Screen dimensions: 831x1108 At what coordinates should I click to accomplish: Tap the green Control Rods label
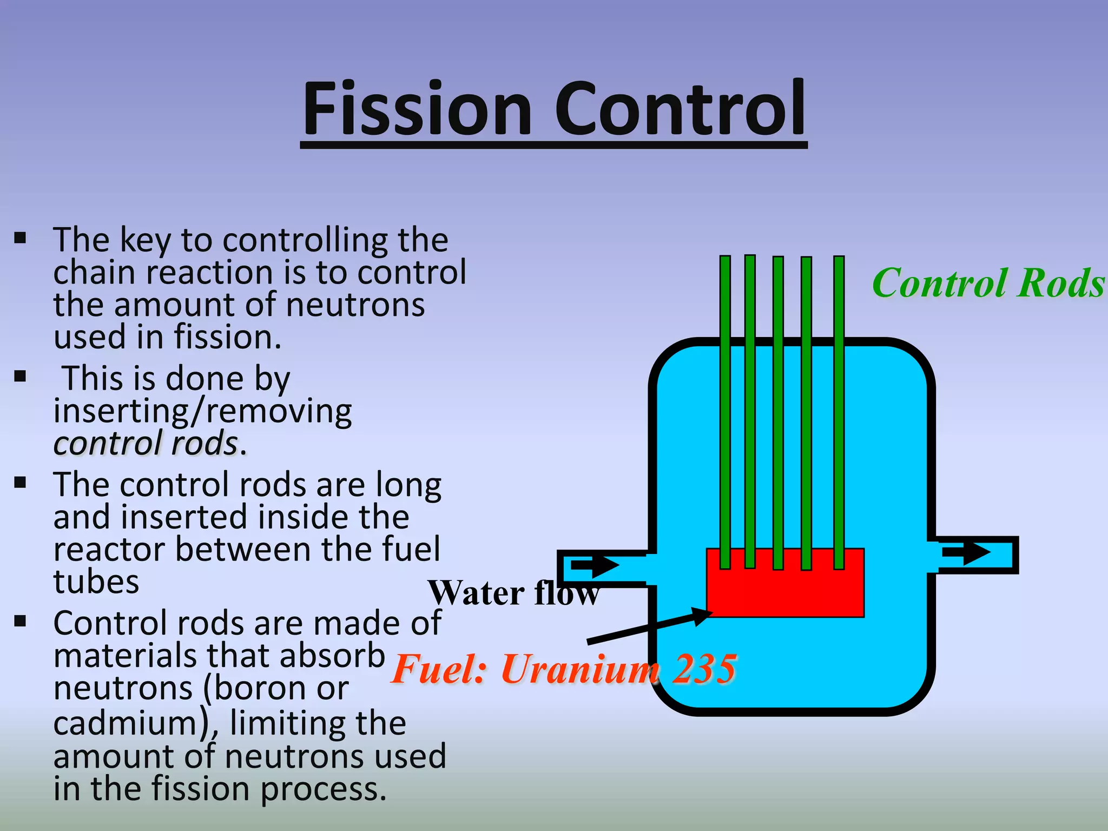[988, 283]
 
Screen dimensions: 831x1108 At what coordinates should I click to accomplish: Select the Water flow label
[513, 593]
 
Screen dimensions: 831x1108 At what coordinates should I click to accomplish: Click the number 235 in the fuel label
[704, 669]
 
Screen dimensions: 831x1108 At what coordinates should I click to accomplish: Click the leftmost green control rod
[725, 411]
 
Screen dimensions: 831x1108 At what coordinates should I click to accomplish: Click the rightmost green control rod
[839, 411]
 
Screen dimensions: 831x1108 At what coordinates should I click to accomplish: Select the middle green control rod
[778, 411]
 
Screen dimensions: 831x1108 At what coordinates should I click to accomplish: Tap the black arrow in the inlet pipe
[595, 566]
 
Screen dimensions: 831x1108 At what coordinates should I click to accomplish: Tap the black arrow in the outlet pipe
[966, 553]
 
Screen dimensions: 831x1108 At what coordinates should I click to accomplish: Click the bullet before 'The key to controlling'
[21, 238]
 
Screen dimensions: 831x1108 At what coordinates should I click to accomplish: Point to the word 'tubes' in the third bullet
[96, 582]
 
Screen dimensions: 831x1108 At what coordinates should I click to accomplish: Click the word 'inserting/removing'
[202, 411]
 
